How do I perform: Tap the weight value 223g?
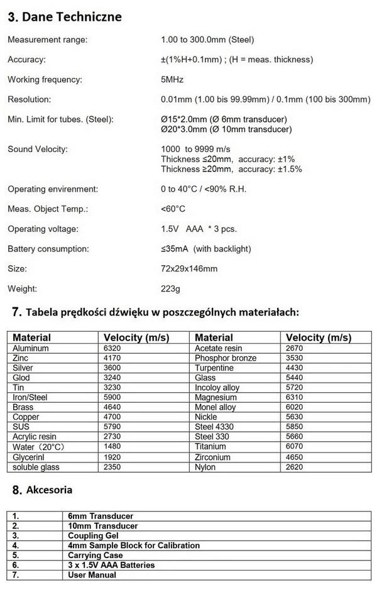click(x=170, y=289)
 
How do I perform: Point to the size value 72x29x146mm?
click(x=189, y=269)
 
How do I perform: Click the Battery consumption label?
click(x=48, y=249)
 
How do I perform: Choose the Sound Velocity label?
click(x=37, y=149)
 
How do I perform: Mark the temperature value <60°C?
click(x=173, y=209)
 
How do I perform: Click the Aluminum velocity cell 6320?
click(x=113, y=348)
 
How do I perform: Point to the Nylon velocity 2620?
click(x=295, y=467)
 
